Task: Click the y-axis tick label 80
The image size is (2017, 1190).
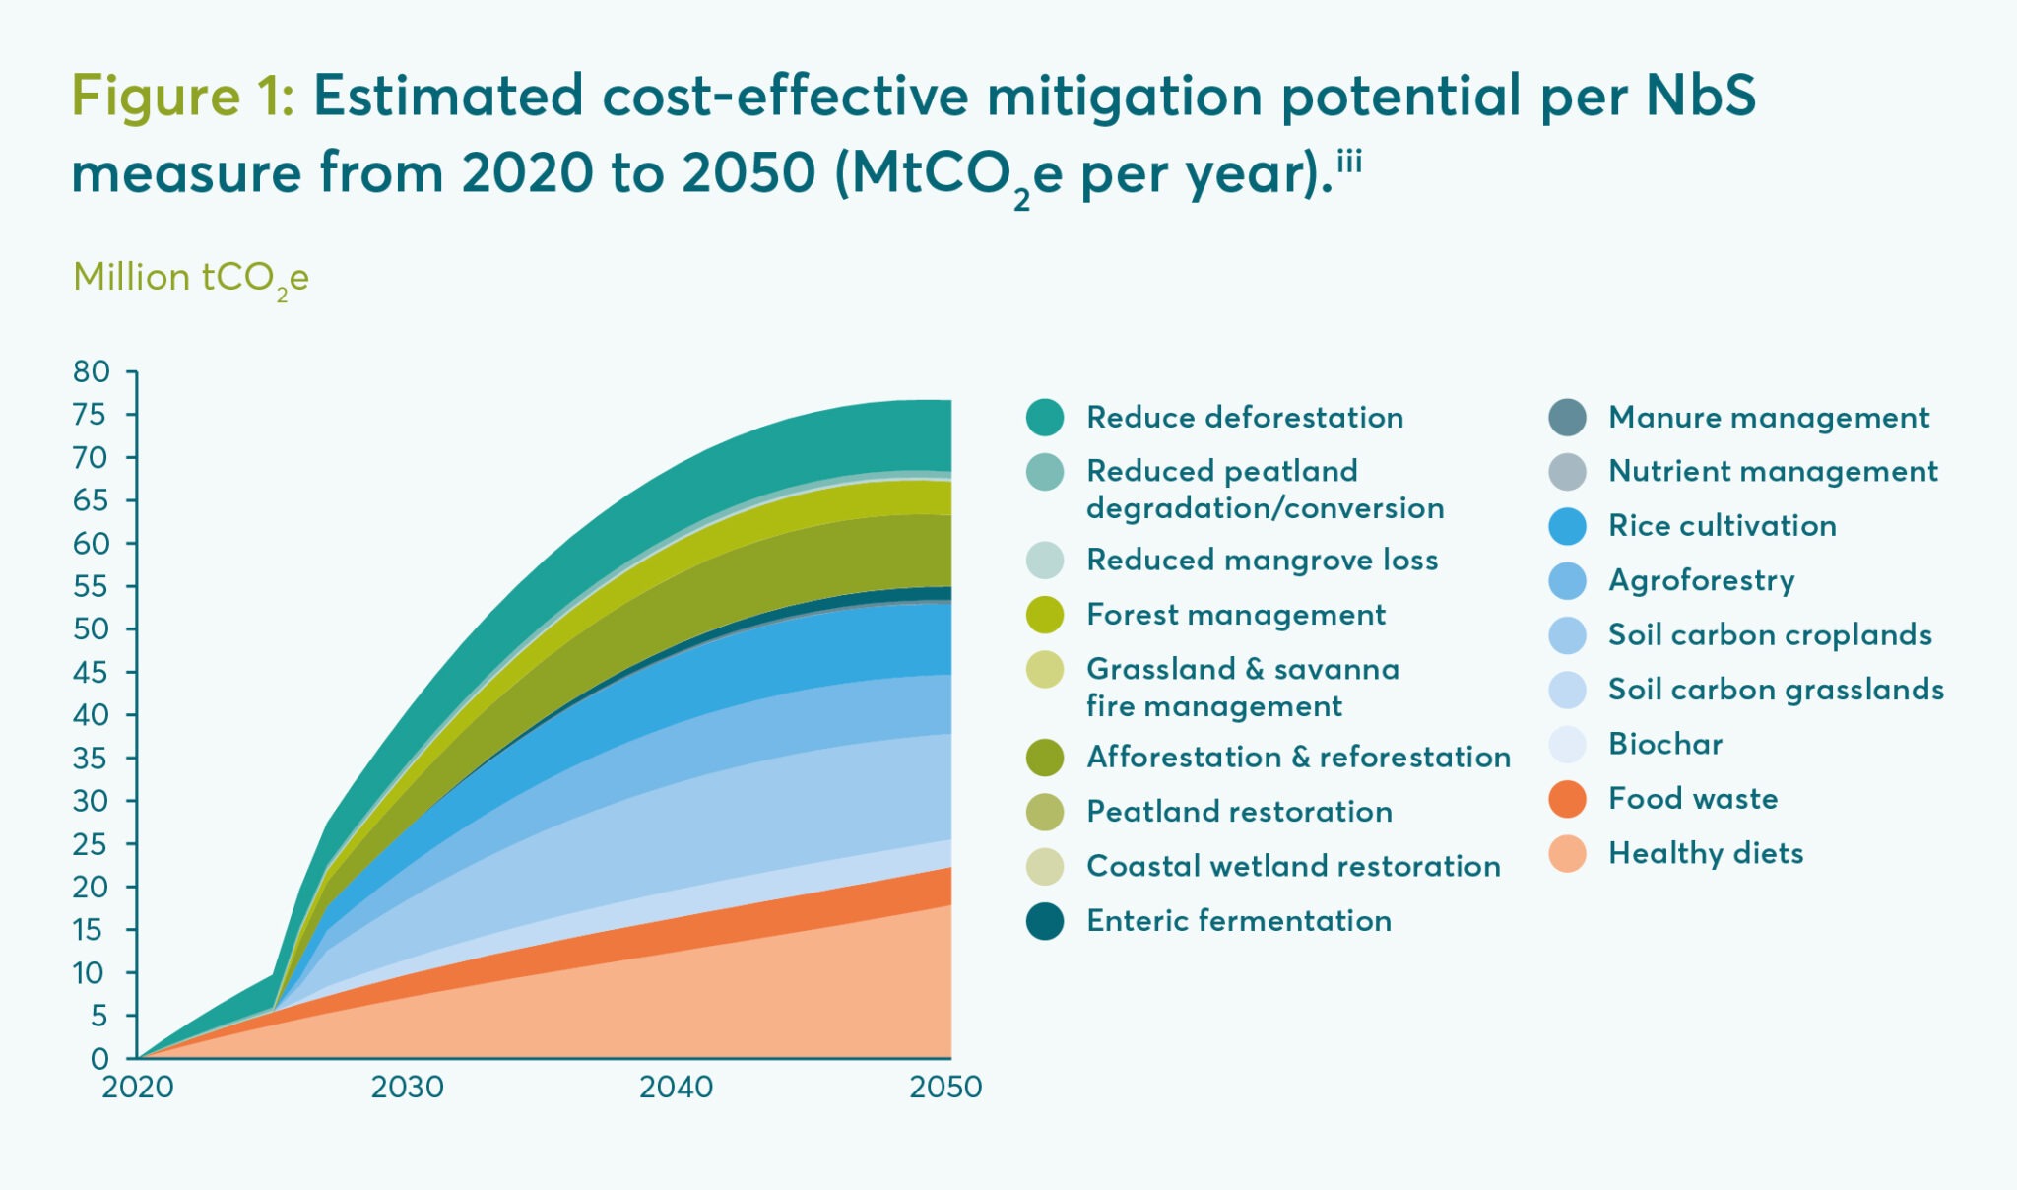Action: (91, 371)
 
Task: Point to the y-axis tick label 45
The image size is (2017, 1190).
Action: (91, 672)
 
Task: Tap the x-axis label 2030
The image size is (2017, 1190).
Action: (407, 1087)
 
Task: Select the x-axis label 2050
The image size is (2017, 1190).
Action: (944, 1087)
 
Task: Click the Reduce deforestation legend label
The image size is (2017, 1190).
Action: (1244, 417)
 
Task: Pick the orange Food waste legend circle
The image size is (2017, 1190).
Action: (1567, 799)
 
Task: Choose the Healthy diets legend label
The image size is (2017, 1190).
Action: (1705, 853)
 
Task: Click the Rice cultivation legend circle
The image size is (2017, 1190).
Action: (1567, 526)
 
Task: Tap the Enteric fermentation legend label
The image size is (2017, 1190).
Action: (1238, 920)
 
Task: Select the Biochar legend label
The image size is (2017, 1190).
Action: (1664, 744)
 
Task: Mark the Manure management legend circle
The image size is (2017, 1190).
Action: (1567, 417)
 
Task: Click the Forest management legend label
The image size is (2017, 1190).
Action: (1235, 614)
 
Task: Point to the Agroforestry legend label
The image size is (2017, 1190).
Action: (1701, 580)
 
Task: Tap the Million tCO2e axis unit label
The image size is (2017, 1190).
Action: (190, 278)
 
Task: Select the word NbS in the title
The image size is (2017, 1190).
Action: (1701, 97)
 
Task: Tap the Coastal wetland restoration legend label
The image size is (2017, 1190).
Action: (1292, 866)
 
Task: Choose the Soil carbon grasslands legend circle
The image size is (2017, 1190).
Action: (1567, 690)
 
